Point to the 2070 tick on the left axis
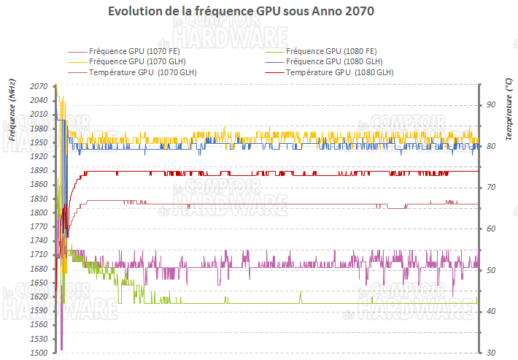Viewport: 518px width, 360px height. pyautogui.click(x=39, y=86)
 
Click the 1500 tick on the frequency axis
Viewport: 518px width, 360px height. pyautogui.click(x=39, y=353)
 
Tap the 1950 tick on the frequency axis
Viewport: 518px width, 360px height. pyautogui.click(x=39, y=142)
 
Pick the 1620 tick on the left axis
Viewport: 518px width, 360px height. pyautogui.click(x=39, y=296)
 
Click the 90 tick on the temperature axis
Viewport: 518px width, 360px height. pyautogui.click(x=491, y=105)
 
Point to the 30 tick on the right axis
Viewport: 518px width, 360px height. pyautogui.click(x=491, y=353)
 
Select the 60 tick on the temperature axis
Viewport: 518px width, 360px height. pyautogui.click(x=491, y=229)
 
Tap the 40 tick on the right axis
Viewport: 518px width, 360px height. pyautogui.click(x=491, y=312)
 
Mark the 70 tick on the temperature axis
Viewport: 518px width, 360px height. pyautogui.click(x=491, y=188)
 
